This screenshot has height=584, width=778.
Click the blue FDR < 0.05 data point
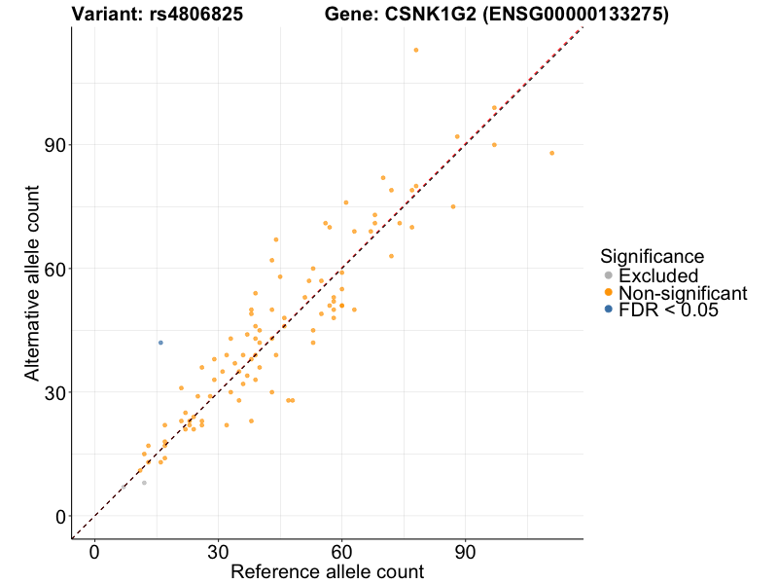click(160, 343)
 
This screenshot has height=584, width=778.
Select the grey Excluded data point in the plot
click(144, 483)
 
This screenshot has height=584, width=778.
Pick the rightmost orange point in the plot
click(551, 153)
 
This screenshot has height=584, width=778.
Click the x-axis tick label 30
click(218, 551)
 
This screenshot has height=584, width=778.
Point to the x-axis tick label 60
click(341, 551)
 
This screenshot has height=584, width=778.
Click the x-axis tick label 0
click(94, 551)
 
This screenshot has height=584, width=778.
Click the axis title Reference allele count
click(327, 572)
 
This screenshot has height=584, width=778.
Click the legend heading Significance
click(652, 257)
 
